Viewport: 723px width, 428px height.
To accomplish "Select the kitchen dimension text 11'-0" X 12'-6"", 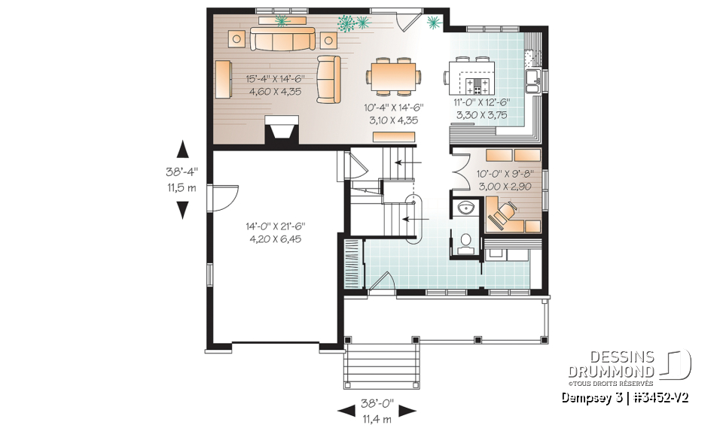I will pos(483,108).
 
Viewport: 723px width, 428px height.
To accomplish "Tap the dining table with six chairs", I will pos(394,75).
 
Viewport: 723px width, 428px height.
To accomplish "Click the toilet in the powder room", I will pos(465,241).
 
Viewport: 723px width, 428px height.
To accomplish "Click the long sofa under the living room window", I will pos(282,41).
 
